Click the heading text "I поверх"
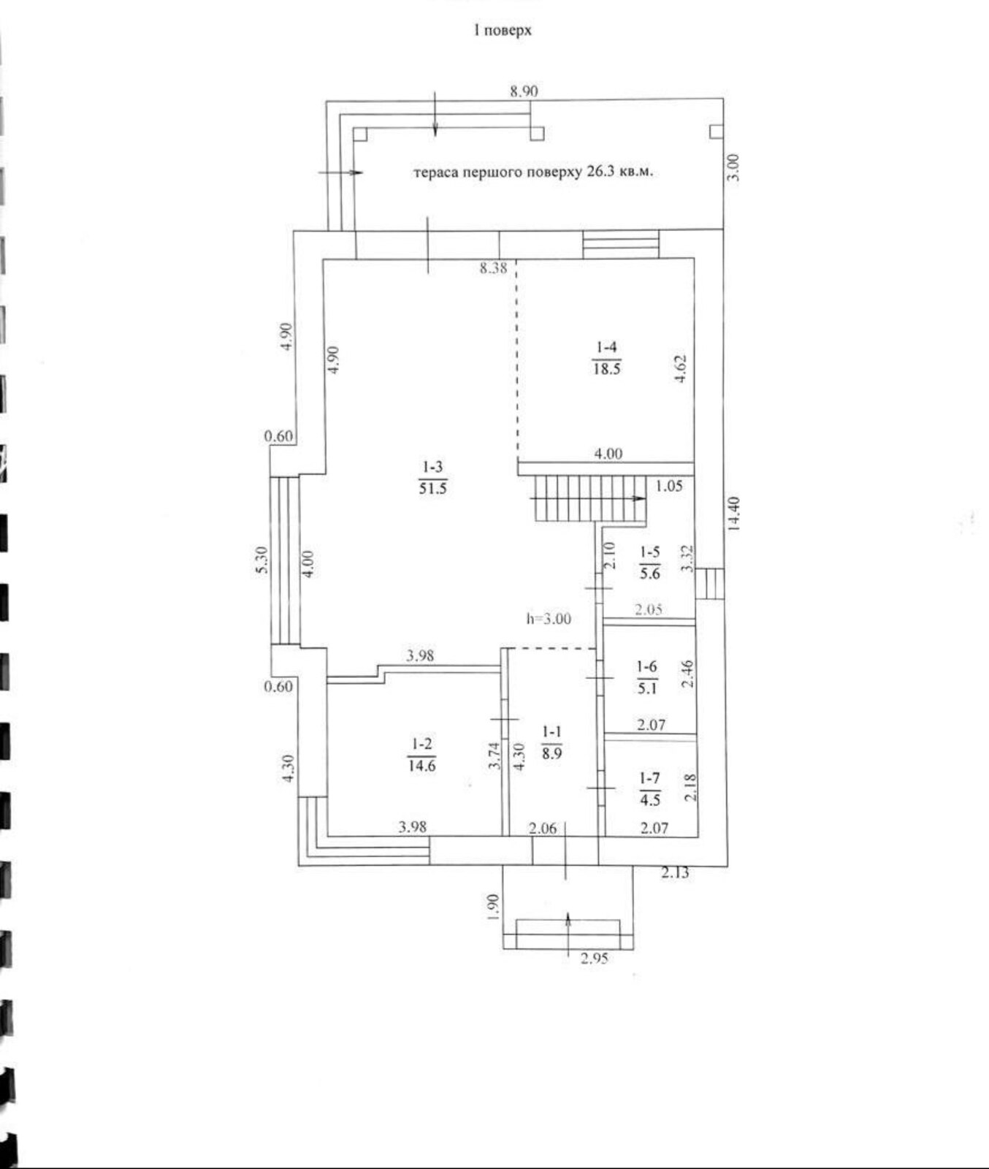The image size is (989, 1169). [x=503, y=31]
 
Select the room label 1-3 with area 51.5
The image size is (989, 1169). [x=432, y=477]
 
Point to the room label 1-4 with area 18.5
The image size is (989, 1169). [x=606, y=357]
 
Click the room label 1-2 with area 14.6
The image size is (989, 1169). [x=421, y=755]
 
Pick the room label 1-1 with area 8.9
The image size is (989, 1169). [x=552, y=742]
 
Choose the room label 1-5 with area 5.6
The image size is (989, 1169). [x=649, y=563]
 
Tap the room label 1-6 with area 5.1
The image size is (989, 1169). [x=647, y=677]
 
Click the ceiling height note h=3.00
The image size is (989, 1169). [x=549, y=619]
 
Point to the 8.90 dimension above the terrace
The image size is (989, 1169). [x=524, y=91]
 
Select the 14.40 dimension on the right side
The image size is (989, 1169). [x=734, y=514]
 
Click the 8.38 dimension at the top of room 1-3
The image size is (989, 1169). [x=493, y=268]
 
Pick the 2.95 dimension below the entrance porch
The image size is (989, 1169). [x=595, y=959]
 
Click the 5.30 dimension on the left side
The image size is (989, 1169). [x=263, y=561]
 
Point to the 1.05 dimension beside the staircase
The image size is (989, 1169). [x=669, y=486]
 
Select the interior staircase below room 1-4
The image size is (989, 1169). [x=590, y=498]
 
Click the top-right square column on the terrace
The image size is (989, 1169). [x=717, y=132]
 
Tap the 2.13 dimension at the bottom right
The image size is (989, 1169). [x=675, y=872]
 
